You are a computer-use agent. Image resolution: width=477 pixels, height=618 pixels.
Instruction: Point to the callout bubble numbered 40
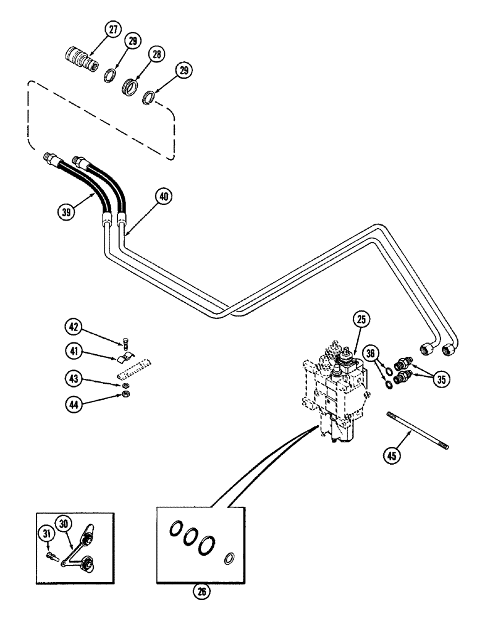163,197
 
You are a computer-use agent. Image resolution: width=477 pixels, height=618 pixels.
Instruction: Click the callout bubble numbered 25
362,320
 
